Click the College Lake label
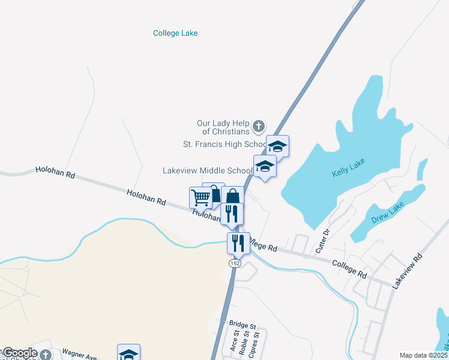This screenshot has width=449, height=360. [175, 34]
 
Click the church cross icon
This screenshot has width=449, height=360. [259, 127]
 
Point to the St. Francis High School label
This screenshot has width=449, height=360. [225, 145]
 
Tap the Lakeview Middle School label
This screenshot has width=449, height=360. [208, 170]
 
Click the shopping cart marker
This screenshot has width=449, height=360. [200, 196]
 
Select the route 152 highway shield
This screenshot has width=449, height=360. [234, 263]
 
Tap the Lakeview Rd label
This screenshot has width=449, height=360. [408, 271]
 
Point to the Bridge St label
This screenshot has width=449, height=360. [243, 324]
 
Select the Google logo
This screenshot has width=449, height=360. [20, 353]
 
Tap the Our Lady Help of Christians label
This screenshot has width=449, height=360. [223, 127]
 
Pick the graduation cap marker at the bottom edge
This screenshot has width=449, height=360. [128, 353]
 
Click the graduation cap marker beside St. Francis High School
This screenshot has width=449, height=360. [277, 146]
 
